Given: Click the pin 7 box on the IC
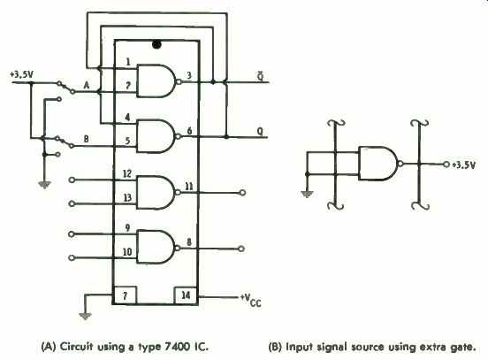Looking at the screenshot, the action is coord(125,295).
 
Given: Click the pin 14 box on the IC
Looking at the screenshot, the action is coord(186,295).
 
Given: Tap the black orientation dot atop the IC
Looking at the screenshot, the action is coord(156,44).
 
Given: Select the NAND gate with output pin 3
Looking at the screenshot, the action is coord(159,81).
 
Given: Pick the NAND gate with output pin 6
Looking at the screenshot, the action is coord(159,136).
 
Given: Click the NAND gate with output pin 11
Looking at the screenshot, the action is coord(159,192).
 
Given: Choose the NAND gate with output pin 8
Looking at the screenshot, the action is coord(159,248).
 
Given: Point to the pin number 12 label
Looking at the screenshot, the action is coord(127,173).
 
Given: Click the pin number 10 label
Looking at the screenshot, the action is coord(127,252).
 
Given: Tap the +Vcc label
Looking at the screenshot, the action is coord(251,300).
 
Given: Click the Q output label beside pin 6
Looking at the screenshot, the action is coord(260,132).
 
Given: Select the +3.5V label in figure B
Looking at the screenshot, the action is coord(464,165).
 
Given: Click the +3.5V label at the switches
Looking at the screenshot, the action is coord(21,75).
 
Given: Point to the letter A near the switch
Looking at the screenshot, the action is coord(87,85).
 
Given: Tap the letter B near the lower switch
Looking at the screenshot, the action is coord(87,139).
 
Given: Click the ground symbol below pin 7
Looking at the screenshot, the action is coord(85,317).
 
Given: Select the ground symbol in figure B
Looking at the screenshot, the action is coord(307,195).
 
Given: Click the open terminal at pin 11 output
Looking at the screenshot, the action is coord(243,193).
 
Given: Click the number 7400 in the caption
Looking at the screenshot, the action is coord(174,347).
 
